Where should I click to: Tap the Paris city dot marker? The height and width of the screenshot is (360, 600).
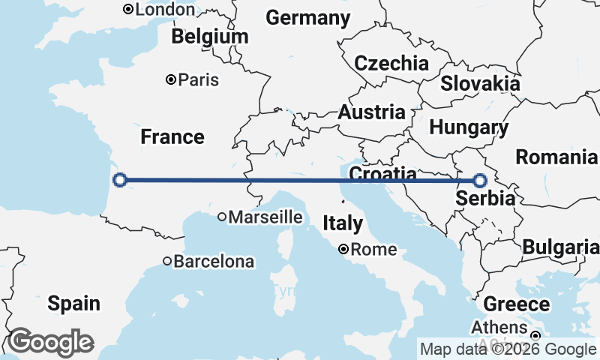171,79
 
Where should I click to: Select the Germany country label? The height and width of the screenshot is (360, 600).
307,18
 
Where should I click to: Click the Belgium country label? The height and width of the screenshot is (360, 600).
209,37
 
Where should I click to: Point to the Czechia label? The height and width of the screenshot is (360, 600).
391,63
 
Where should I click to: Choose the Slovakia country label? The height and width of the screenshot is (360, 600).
480,83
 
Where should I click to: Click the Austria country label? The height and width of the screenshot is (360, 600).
371,112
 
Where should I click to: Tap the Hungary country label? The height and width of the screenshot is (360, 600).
469,127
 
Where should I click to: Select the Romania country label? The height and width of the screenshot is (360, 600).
556,157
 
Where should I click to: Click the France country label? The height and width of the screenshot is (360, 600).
172,136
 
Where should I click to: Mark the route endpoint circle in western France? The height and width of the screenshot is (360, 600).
119,179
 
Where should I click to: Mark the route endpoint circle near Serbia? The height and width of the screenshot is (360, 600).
480,180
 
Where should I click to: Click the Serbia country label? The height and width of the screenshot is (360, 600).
485,199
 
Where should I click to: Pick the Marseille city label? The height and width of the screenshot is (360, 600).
265,217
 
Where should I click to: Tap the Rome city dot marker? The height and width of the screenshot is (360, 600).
343,249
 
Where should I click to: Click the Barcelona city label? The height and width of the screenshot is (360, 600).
213,262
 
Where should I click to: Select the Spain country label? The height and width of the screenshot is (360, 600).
73,303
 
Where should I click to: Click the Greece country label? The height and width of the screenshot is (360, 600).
516,304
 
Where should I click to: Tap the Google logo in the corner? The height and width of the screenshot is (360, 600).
50,342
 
